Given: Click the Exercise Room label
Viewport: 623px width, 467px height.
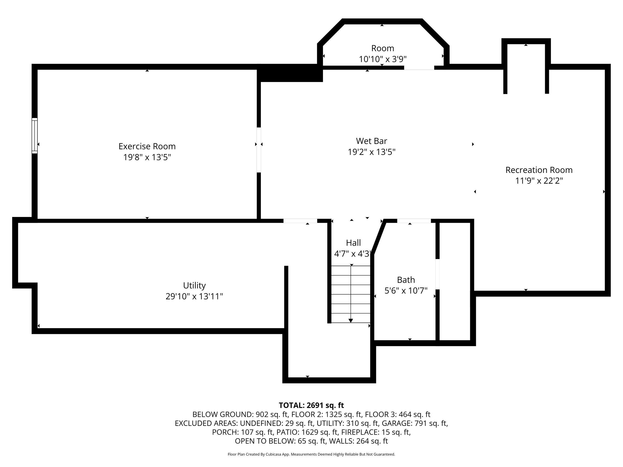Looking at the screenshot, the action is [147, 146].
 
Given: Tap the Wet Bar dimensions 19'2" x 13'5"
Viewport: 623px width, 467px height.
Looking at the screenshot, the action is [372, 152].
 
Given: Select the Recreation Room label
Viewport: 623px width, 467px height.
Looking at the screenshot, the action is [539, 170].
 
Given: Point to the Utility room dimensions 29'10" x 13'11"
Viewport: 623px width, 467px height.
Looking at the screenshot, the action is [194, 296].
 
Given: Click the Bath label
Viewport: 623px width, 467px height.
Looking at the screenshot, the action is [406, 280].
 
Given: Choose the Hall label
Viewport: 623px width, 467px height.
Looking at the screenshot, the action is [353, 243].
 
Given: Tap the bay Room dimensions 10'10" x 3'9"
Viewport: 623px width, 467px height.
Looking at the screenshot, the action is [383, 59].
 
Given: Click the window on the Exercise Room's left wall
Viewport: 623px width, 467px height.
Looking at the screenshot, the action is [34, 136].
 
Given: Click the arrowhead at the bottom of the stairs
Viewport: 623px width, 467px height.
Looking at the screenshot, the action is [351, 320].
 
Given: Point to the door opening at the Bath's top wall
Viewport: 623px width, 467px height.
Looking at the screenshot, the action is [414, 221].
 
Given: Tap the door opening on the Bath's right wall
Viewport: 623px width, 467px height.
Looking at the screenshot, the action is [437, 274].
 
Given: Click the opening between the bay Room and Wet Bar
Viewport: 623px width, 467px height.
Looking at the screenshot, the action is [419, 68].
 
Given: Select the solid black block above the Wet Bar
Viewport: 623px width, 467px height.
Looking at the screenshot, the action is [290, 73].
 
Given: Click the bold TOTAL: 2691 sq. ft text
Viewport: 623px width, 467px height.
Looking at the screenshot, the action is [311, 405].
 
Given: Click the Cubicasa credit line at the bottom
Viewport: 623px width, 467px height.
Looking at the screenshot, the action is [311, 454].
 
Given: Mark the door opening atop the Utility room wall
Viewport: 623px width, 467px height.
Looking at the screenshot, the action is [300, 221].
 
